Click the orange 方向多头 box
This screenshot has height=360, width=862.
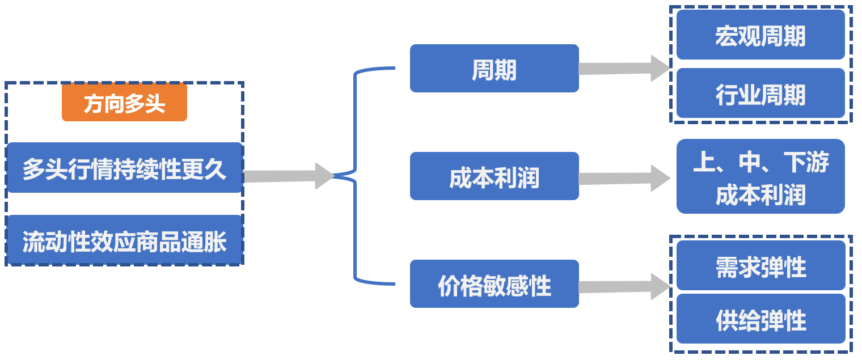coord(124,103)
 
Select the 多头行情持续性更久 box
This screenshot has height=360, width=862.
coord(124,168)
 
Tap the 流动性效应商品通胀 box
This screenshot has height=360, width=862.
coord(124,240)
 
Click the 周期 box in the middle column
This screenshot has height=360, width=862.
coord(494,69)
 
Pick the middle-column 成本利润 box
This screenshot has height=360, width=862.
coord(494,176)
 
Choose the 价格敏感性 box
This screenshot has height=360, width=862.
coord(494,284)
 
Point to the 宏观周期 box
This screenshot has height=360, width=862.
coord(760,35)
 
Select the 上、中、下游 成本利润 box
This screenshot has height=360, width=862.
coord(760,176)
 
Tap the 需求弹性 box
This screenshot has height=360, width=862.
coord(760,265)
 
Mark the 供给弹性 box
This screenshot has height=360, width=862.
coord(760,319)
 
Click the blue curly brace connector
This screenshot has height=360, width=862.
coord(356,176)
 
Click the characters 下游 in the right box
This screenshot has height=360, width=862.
coord(806,163)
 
